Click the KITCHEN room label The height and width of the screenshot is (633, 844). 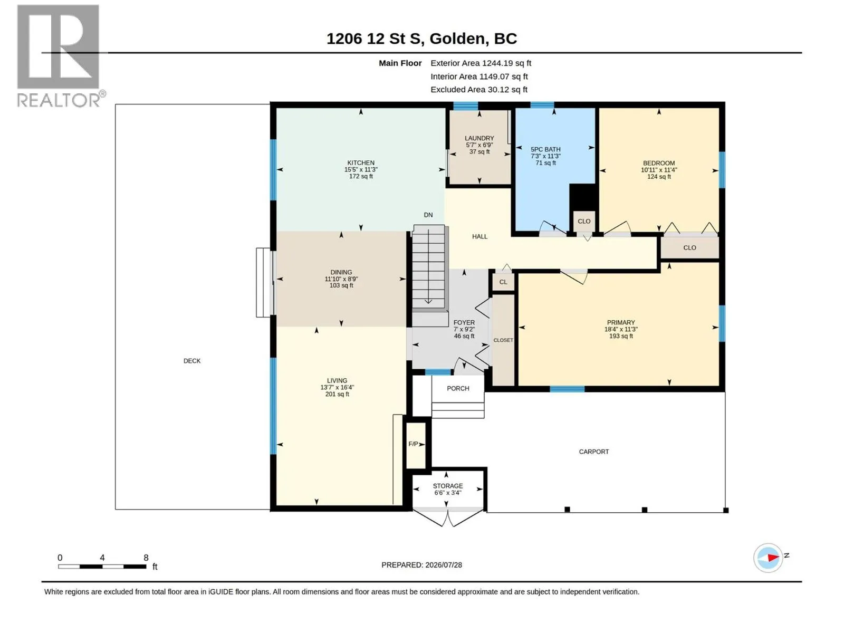361,162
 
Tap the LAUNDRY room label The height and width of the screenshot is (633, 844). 479,138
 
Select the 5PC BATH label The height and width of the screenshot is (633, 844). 545,149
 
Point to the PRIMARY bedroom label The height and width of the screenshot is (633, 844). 620,322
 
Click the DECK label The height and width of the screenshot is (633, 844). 192,361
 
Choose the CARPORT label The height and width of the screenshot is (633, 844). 593,452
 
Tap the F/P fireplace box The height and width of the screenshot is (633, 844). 416,445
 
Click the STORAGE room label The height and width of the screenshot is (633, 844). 447,486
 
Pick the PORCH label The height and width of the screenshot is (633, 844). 458,388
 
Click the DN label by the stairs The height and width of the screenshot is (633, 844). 428,215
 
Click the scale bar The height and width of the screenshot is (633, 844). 102,567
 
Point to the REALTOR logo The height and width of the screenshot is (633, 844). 61,56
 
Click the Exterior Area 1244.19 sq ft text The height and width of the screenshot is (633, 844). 481,63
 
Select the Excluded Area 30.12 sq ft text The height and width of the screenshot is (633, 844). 479,90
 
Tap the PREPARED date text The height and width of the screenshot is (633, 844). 421,564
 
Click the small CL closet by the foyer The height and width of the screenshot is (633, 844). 503,282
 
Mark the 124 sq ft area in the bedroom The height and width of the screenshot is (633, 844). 659,176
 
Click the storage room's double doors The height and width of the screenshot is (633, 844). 447,517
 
